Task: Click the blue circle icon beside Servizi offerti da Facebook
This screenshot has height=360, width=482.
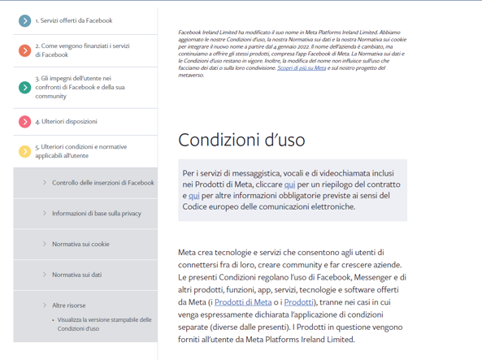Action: pos(24,20)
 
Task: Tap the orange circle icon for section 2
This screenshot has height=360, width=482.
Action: pos(24,50)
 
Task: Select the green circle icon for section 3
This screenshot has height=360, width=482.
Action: pos(24,87)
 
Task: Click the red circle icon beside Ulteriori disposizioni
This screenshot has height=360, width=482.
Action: pos(24,122)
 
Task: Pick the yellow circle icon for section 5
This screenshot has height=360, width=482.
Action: pos(24,151)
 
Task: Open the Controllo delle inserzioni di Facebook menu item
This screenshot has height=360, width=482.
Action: pos(102,183)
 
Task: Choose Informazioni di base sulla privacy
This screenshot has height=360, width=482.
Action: pos(96,214)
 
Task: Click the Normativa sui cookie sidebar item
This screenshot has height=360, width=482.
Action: pos(80,244)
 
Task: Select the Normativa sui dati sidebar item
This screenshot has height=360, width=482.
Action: pos(76,275)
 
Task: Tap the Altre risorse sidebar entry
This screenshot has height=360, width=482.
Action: pos(68,306)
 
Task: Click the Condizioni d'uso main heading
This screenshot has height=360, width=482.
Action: pos(241,140)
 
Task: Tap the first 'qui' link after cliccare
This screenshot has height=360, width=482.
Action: pos(290,184)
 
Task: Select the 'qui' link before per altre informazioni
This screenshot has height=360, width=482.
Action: pos(193,196)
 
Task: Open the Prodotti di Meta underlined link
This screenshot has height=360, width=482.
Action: pos(243,302)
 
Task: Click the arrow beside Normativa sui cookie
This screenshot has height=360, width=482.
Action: pos(44,244)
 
